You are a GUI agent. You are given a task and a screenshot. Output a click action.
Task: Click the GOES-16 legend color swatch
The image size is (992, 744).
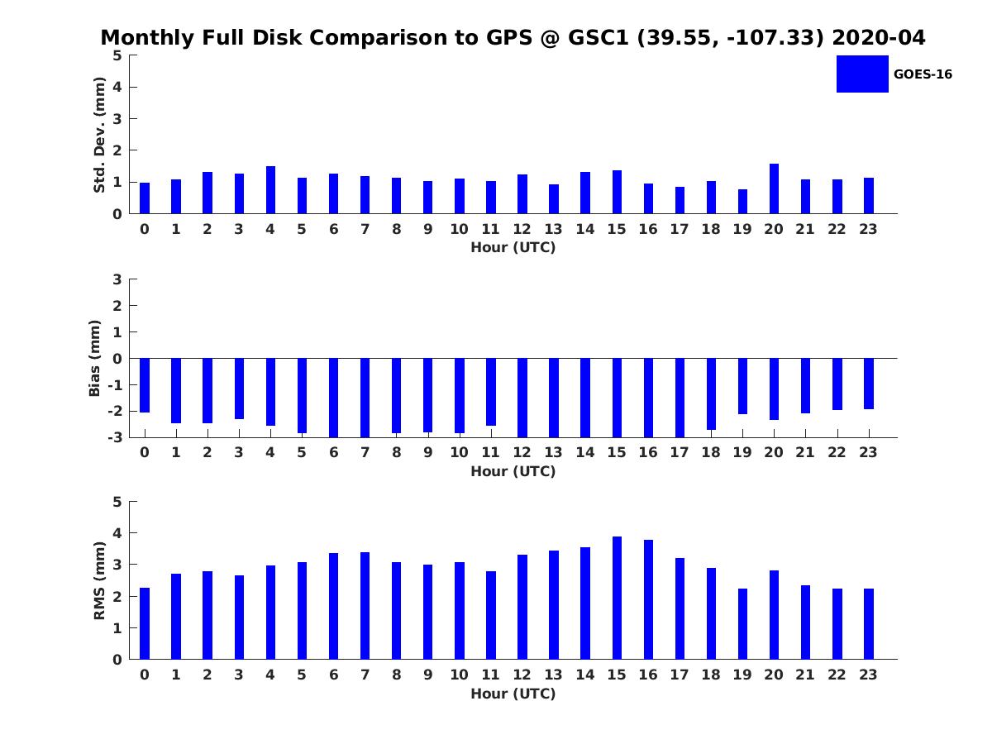click(x=862, y=74)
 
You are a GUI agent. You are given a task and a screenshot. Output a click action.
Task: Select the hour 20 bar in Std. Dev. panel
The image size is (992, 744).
click(x=774, y=188)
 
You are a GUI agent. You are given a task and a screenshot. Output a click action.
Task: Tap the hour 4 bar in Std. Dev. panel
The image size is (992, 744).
click(x=270, y=190)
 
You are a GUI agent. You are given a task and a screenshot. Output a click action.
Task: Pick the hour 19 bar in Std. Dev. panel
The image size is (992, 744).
click(x=742, y=202)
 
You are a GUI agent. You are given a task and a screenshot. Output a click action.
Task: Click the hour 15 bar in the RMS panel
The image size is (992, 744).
click(x=617, y=598)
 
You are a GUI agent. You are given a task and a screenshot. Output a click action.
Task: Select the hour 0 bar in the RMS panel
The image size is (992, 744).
click(x=145, y=623)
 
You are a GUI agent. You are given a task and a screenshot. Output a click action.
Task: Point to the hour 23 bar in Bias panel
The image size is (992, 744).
click(x=868, y=384)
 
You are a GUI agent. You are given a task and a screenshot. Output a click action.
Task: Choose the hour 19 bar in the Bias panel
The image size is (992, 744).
click(x=742, y=386)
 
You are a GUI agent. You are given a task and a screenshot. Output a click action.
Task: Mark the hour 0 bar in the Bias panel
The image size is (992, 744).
click(x=145, y=385)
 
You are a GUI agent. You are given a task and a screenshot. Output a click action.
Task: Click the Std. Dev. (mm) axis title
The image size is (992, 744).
click(x=99, y=135)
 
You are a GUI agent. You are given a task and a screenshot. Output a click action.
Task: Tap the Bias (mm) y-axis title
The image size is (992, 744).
click(x=94, y=358)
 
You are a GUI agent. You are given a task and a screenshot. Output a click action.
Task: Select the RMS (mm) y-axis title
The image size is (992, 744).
click(x=99, y=580)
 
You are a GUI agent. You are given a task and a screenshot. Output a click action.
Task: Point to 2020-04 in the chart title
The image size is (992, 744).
click(x=878, y=37)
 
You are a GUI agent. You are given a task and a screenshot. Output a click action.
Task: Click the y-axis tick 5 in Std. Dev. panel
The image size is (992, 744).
click(x=117, y=55)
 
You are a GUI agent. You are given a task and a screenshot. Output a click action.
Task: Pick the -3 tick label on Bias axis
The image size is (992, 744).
click(x=115, y=437)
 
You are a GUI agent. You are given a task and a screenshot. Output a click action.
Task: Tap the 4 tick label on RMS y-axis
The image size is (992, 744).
click(x=117, y=533)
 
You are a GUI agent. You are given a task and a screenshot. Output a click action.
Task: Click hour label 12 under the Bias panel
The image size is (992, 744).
click(x=522, y=452)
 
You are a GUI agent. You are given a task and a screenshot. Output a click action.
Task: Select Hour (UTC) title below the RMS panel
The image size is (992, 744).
click(x=513, y=694)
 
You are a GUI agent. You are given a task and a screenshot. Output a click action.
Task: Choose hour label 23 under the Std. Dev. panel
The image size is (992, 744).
click(x=868, y=229)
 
